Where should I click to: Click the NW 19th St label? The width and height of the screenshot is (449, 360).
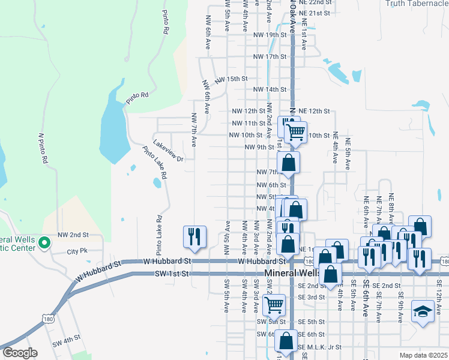tap(270, 35)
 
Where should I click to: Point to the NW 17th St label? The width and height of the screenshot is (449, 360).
tap(270, 57)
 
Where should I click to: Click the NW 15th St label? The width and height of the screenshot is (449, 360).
tap(231, 79)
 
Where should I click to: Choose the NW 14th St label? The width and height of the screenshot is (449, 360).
tap(270, 90)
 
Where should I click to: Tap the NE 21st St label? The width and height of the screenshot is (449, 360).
tap(315, 13)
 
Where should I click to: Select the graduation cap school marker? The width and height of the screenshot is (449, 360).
tap(423, 312)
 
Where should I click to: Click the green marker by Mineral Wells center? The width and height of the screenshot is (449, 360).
tap(43, 243)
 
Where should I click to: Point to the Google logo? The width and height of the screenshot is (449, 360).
tap(20, 353)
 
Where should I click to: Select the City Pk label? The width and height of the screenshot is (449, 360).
tap(77, 251)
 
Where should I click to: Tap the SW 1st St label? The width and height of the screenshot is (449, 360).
tap(172, 274)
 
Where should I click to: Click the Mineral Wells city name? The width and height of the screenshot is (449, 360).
tap(294, 273)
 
